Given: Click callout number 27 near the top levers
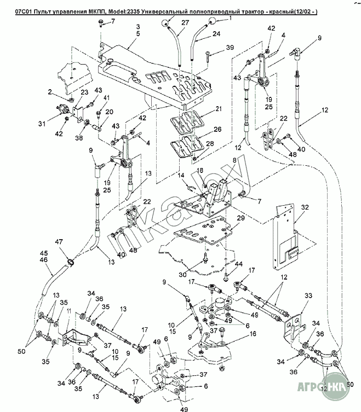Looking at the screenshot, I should coord(185,22).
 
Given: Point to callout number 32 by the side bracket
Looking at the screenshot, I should coord(305,207).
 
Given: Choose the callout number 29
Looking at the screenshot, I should coord(240,218).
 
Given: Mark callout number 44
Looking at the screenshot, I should coord(238,264).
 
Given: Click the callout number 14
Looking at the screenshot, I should coord(180,175).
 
